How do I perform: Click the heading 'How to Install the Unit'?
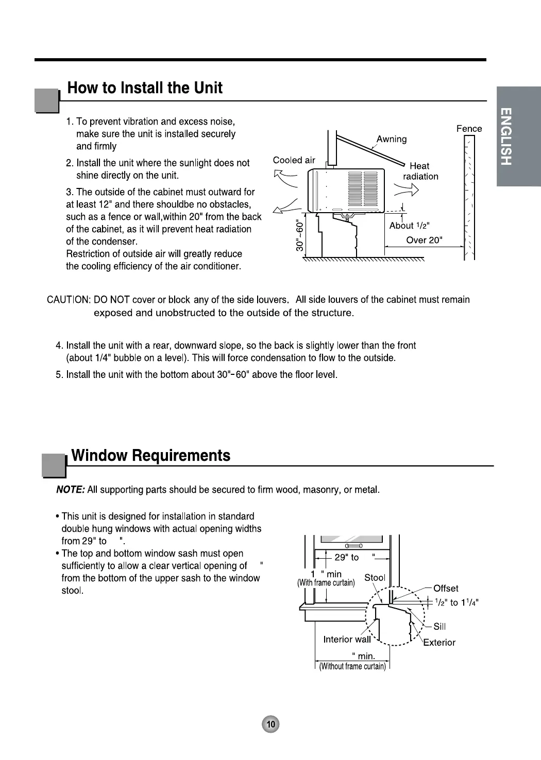(x=145, y=88)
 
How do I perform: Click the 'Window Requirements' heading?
(x=150, y=456)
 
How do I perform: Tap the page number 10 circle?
(x=271, y=724)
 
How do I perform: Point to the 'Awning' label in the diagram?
(x=391, y=139)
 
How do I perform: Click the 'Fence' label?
(x=469, y=129)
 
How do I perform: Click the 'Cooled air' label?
(x=294, y=160)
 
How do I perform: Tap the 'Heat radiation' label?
(x=420, y=171)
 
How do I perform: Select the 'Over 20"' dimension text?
(x=424, y=240)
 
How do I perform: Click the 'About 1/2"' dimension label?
(x=409, y=226)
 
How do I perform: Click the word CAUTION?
(x=69, y=300)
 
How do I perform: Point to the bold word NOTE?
(x=70, y=490)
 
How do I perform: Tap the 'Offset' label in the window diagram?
(x=446, y=589)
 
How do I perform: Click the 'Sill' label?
(x=439, y=626)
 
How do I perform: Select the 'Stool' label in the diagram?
(x=375, y=578)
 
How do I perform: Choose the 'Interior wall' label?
(x=347, y=640)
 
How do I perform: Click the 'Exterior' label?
(x=439, y=643)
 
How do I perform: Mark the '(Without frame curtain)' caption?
(x=352, y=667)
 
